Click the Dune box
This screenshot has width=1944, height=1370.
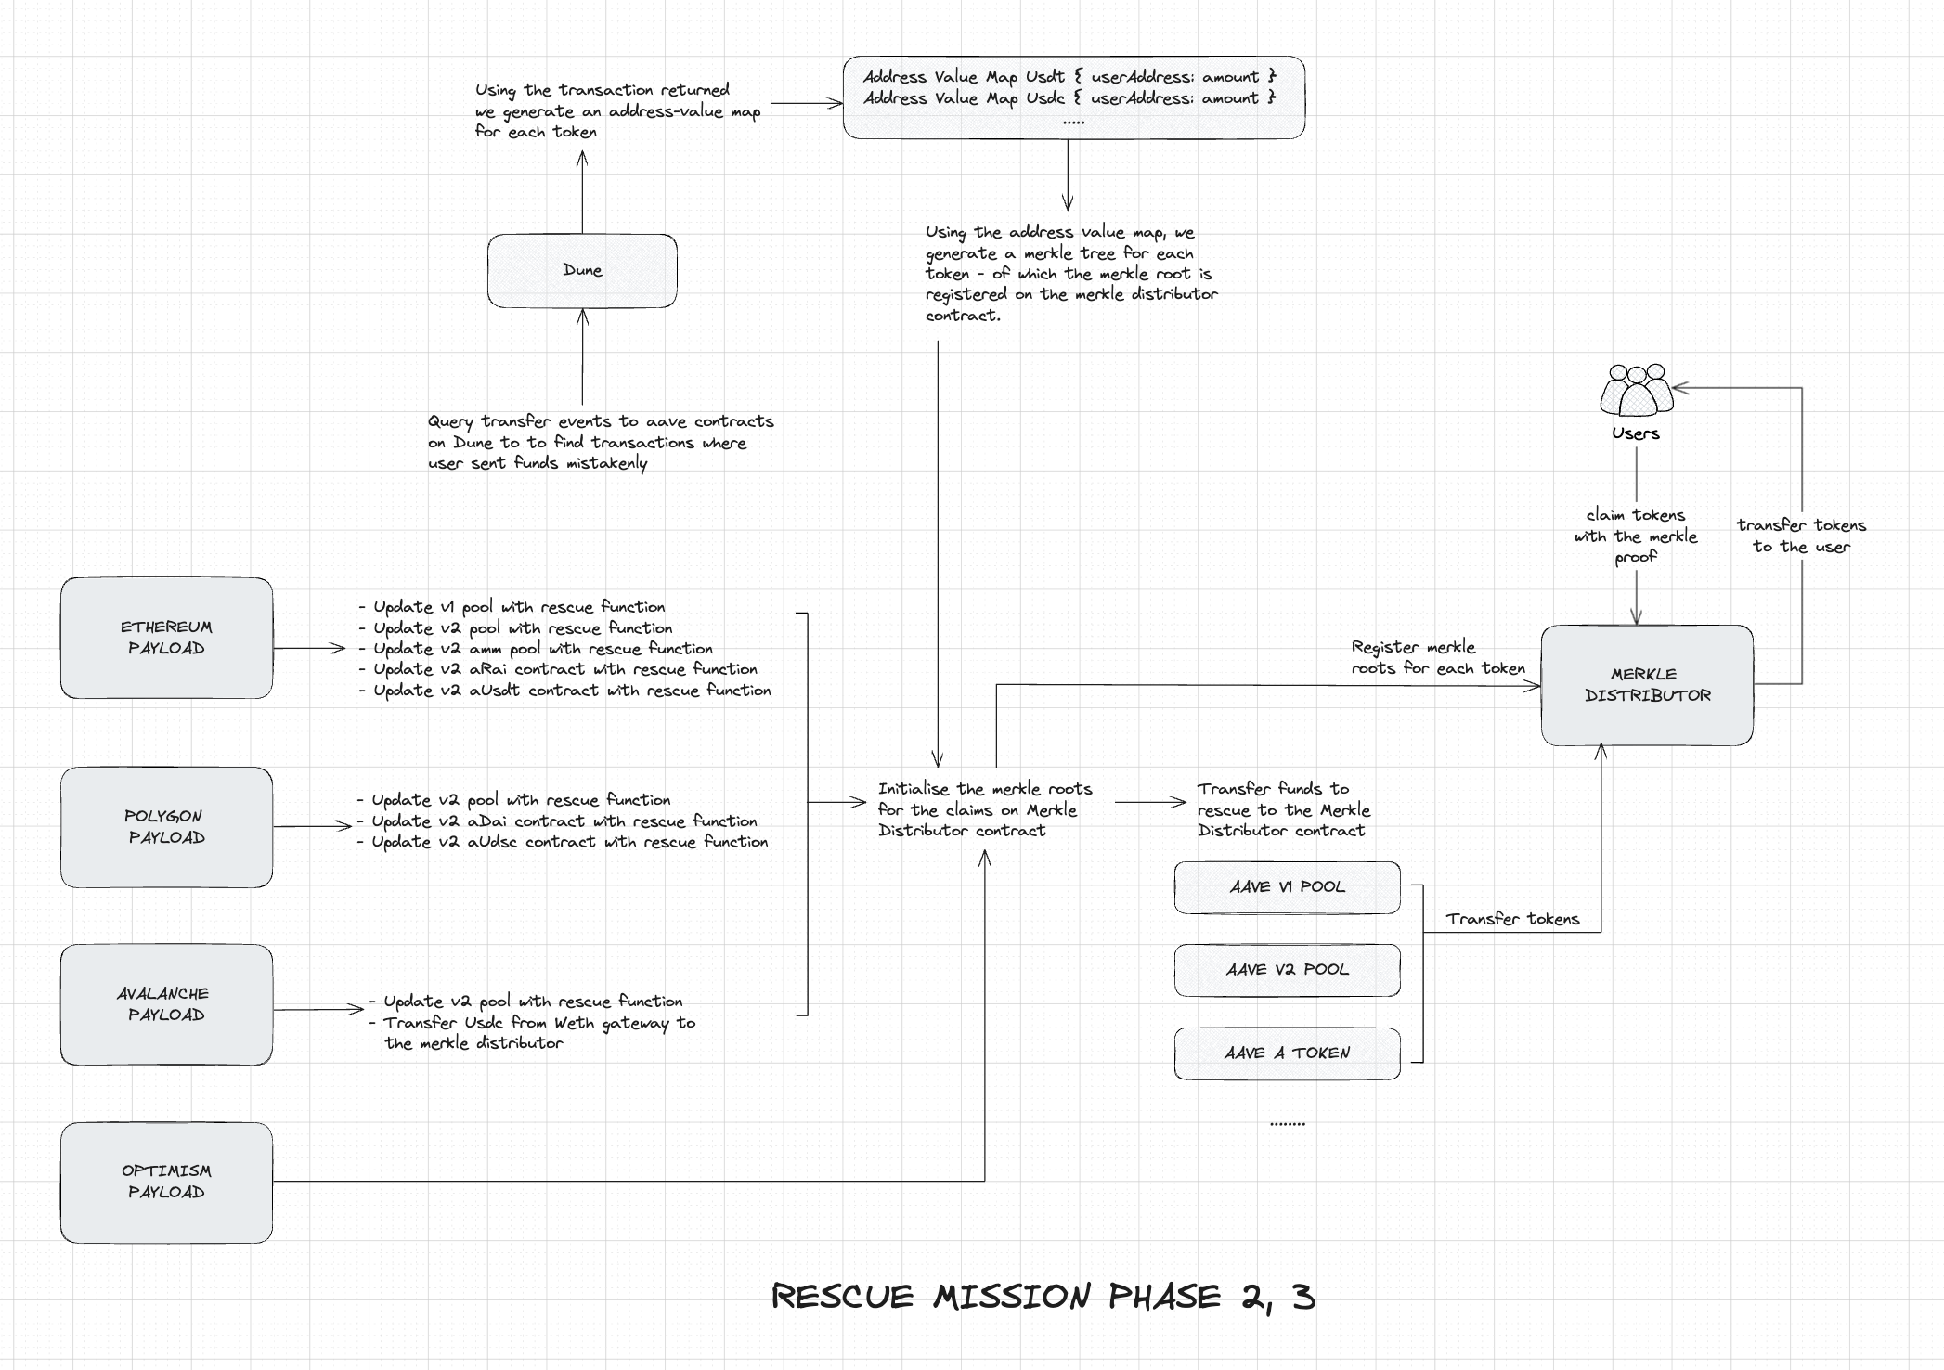[x=582, y=270]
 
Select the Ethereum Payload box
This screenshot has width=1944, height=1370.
[x=166, y=638]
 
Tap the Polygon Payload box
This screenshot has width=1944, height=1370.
[x=166, y=827]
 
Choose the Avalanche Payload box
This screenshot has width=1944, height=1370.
[x=166, y=1004]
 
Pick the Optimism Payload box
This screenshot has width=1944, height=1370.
[x=166, y=1182]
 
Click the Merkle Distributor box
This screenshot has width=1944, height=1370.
[x=1647, y=685]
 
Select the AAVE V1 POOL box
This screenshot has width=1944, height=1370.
[x=1287, y=887]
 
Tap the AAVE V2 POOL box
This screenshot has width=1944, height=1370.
[x=1287, y=970]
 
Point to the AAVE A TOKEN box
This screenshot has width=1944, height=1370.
[x=1287, y=1053]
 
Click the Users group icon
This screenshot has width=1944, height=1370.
[x=1636, y=391]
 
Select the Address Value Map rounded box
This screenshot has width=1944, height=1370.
[x=1073, y=97]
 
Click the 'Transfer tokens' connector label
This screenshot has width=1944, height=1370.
[x=1511, y=919]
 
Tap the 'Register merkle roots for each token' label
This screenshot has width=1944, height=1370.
[x=1437, y=657]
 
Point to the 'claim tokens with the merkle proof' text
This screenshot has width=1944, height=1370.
[x=1636, y=536]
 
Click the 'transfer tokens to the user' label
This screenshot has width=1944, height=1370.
[x=1801, y=536]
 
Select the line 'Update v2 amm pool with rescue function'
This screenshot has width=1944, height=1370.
[x=543, y=649]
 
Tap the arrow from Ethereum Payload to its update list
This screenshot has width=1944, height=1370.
[x=308, y=648]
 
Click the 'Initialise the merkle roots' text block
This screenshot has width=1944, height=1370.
[x=984, y=809]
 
